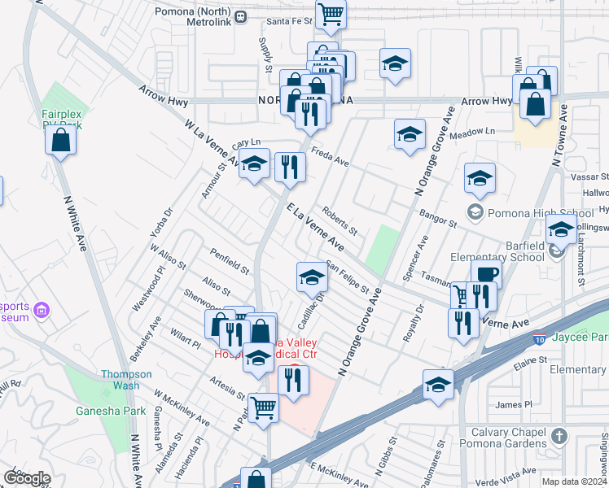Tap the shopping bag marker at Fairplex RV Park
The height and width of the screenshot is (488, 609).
tap(61, 140)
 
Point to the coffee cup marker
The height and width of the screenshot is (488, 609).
tap(486, 275)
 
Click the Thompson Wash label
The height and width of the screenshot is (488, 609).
tap(126, 380)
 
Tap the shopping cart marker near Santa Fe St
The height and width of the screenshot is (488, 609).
tap(331, 14)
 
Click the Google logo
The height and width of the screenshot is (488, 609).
tap(27, 478)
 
